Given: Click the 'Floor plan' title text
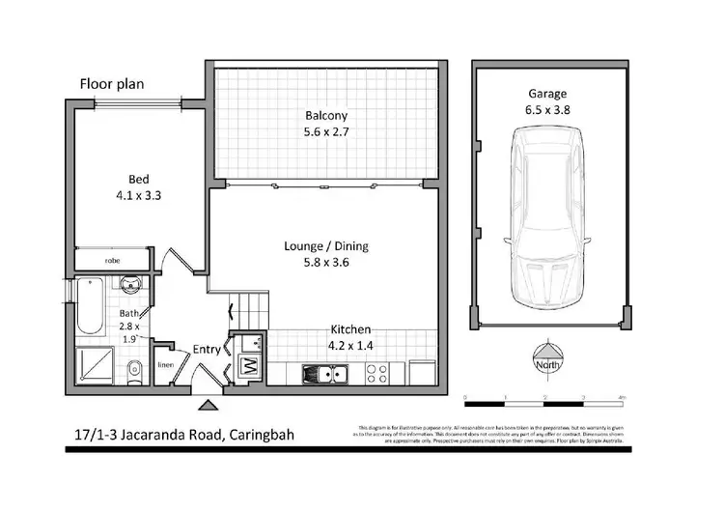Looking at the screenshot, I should (111, 84).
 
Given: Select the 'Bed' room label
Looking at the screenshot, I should (139, 178).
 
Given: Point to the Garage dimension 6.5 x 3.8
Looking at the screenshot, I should (546, 109).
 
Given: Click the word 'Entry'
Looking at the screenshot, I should (207, 349).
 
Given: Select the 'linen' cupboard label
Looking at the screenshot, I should (165, 364).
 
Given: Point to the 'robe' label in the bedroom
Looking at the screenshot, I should (113, 261).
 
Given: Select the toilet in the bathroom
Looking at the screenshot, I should (136, 367).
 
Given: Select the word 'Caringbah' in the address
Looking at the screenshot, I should (260, 435).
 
